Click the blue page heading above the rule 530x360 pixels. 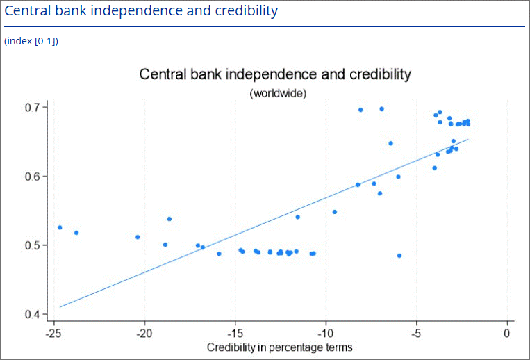point(141,11)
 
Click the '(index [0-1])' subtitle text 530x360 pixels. point(31,41)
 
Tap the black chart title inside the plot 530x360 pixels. point(276,74)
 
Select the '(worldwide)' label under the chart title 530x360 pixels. point(278,93)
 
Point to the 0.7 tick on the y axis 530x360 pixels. point(35,108)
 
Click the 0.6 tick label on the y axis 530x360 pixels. point(35,177)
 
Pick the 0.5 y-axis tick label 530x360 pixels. point(35,245)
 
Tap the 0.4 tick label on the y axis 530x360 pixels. point(35,315)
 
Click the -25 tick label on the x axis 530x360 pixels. point(53,334)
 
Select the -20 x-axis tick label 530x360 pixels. point(144,334)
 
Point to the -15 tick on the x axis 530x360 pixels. point(235,334)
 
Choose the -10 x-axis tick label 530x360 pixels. point(326,334)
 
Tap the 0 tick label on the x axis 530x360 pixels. point(507,334)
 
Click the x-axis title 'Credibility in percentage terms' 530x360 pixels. point(279,347)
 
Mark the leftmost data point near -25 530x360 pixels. point(60,227)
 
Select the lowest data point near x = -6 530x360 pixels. point(399,256)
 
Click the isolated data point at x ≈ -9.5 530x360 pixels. point(335,212)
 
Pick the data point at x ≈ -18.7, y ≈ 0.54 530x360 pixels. point(169,219)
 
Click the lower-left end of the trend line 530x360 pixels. point(61,306)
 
